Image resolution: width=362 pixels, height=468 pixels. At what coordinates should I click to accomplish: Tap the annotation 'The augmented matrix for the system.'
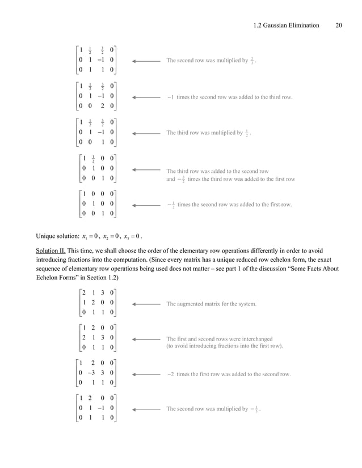211,304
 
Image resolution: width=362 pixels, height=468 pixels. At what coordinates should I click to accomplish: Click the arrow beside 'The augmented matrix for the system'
146,304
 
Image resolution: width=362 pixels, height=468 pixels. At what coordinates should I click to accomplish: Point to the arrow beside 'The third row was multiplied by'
146,134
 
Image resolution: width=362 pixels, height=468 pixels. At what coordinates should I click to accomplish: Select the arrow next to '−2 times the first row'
146,375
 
